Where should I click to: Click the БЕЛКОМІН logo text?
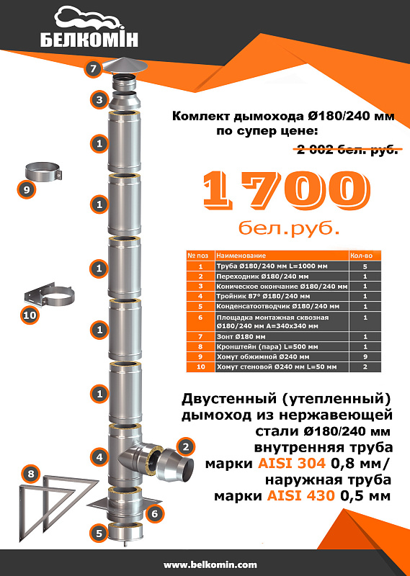[x=89, y=39]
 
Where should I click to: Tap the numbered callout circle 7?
[x=93, y=68]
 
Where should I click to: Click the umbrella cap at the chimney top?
[x=125, y=66]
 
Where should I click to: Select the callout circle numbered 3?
[x=99, y=99]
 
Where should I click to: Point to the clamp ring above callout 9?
[x=43, y=172]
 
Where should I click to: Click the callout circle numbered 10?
[x=30, y=315]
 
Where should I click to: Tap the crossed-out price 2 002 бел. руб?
[x=347, y=150]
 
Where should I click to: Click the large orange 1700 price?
[x=287, y=191]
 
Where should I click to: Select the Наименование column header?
[x=241, y=256]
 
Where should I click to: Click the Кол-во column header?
[x=361, y=256]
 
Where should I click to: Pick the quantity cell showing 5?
[x=365, y=266]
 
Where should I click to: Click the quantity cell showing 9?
[x=365, y=356]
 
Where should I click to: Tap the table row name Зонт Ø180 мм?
[x=241, y=336]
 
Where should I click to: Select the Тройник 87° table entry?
[x=263, y=296]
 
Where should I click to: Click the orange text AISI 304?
[x=292, y=463]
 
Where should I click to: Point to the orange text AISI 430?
[x=300, y=496]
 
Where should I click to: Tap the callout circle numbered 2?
[x=185, y=446]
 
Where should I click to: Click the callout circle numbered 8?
[x=31, y=474]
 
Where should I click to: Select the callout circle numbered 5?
[x=99, y=533]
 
